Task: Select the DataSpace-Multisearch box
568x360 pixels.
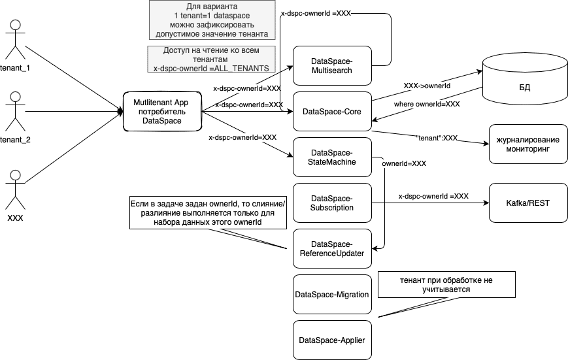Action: (331, 65)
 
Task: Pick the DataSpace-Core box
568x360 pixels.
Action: (331, 112)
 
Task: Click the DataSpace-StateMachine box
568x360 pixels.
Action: (331, 157)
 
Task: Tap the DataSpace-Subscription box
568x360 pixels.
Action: (331, 203)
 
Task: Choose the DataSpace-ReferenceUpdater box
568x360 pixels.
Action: (331, 248)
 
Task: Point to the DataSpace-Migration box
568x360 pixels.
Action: (331, 294)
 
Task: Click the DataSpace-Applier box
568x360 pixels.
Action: (331, 340)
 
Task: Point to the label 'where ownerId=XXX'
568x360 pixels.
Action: (427, 104)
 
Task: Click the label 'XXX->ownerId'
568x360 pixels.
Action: (427, 86)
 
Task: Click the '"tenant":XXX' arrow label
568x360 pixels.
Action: (437, 138)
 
